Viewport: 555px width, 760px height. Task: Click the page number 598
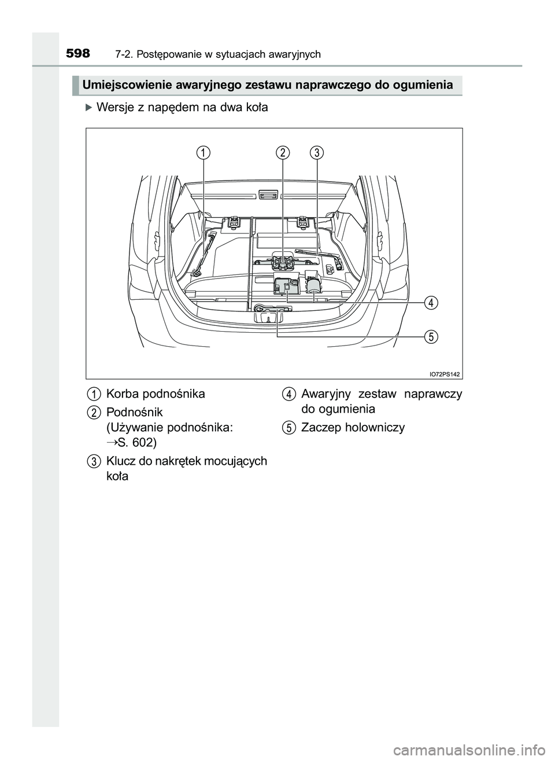point(78,54)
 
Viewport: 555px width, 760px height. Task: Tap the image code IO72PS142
point(445,374)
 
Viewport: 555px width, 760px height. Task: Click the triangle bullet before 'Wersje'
point(88,108)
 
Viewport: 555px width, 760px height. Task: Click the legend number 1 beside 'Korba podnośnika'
point(92,394)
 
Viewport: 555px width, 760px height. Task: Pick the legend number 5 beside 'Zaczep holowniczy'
point(288,428)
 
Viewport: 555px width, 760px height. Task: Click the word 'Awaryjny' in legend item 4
point(325,394)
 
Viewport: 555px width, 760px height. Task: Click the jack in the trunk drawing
point(283,262)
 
